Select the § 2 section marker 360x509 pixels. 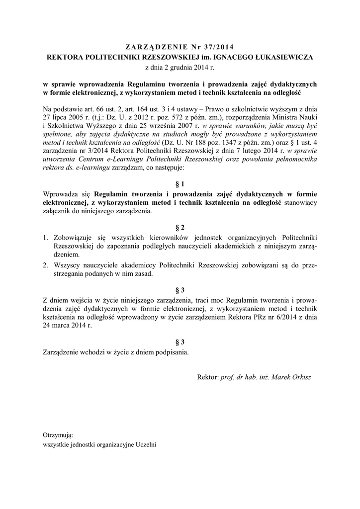coord(180,228)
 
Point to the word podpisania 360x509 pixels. coord(172,352)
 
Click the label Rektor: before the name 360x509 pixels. coord(208,378)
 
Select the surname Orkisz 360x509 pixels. coord(299,378)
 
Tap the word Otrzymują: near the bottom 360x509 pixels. coord(58,435)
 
